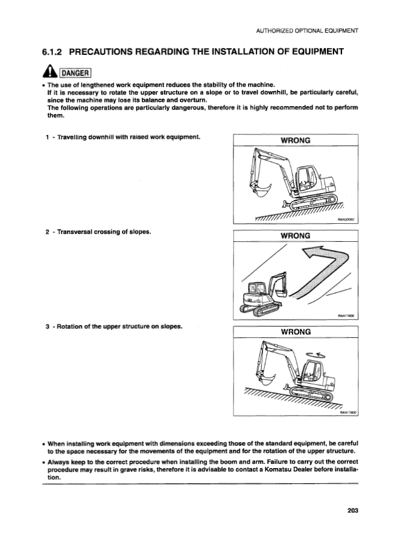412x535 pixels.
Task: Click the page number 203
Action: [x=353, y=511]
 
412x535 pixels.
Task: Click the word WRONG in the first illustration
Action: [x=296, y=141]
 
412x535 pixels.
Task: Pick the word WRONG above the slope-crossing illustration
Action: [x=296, y=235]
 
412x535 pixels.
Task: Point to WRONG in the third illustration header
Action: [x=296, y=332]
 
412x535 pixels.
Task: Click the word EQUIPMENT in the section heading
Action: [x=311, y=51]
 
